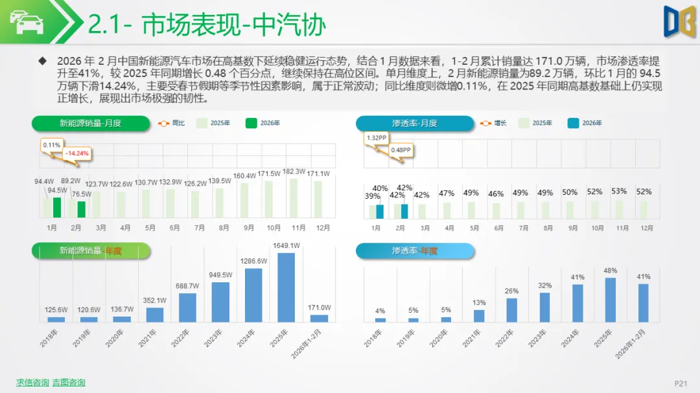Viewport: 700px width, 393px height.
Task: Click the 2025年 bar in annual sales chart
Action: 286,287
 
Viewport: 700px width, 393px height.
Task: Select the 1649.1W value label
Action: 286,246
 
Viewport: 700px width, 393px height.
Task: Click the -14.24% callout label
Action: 77,154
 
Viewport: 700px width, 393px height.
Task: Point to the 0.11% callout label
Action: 52,145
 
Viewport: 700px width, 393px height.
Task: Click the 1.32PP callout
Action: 377,138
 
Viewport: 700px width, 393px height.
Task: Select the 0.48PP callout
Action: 400,150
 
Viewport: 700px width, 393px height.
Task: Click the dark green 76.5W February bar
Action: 81,209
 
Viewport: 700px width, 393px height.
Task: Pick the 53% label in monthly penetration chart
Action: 619,191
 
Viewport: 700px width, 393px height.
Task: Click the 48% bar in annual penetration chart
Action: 611,300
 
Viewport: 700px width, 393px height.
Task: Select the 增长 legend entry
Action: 495,123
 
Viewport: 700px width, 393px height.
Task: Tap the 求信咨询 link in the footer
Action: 32,383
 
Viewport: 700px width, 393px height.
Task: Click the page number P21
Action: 681,384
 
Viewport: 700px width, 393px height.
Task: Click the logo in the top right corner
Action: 679,22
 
